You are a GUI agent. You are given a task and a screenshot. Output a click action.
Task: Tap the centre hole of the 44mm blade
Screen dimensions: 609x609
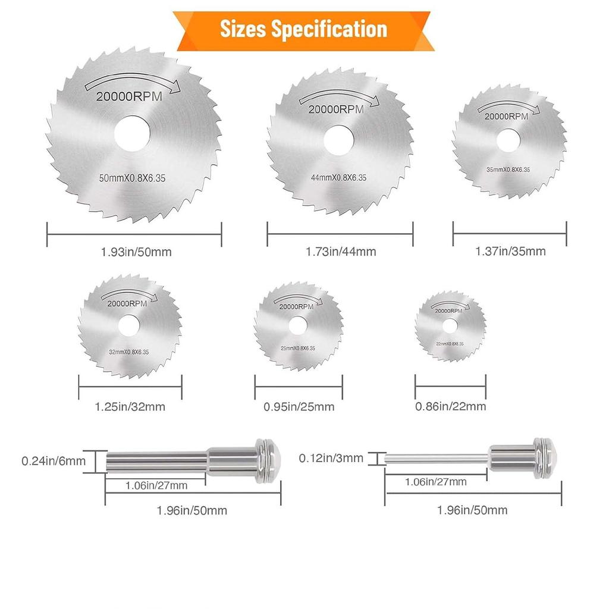[338, 140]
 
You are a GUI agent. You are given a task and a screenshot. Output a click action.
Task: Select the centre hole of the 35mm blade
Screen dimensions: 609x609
[508, 140]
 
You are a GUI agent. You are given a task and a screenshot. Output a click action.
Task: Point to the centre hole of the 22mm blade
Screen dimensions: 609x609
[450, 327]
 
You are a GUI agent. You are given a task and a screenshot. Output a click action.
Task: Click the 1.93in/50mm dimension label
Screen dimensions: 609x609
[136, 252]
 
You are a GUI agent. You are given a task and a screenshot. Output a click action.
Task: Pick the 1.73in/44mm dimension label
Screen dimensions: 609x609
[341, 252]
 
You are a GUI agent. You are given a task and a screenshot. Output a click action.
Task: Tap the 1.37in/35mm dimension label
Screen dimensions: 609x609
[510, 252]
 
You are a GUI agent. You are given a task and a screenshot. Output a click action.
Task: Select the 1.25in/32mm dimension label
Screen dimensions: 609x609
[130, 407]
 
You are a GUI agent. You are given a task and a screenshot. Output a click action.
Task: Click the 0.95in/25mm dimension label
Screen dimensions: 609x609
[299, 407]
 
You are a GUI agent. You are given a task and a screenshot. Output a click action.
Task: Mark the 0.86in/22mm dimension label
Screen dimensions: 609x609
[451, 407]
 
